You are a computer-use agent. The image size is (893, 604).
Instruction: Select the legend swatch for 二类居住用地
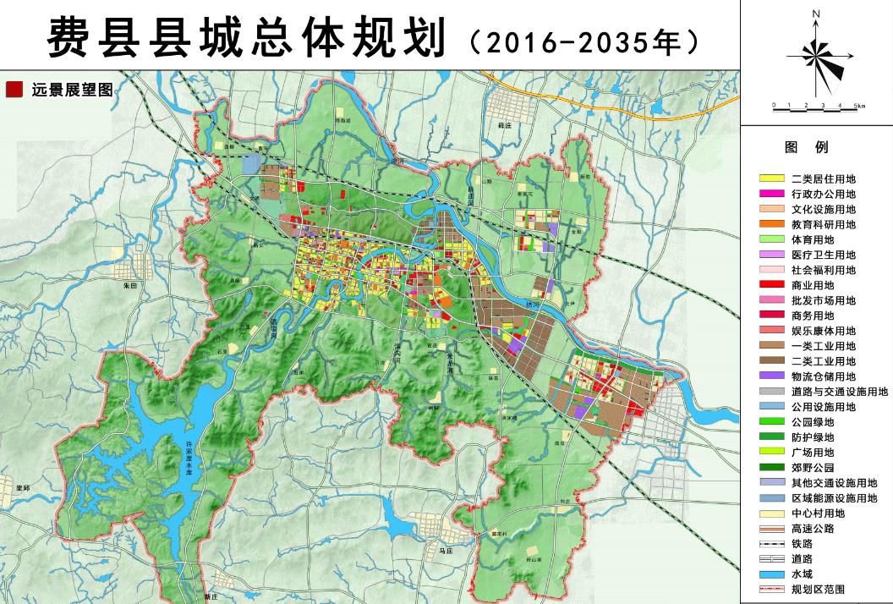pos(770,178)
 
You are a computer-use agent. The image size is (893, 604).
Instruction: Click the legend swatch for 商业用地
pos(770,285)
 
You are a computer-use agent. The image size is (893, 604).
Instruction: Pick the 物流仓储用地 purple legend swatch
pos(770,376)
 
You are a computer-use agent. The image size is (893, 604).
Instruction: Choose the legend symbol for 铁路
pos(770,544)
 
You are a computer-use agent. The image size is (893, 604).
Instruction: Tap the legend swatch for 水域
pos(770,574)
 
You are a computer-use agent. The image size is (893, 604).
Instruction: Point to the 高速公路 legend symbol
pos(770,529)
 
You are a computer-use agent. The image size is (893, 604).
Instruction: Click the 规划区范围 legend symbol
pos(770,590)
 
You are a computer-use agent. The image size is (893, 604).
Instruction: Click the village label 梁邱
pos(23,488)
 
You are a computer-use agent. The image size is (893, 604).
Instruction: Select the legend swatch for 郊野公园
pos(770,468)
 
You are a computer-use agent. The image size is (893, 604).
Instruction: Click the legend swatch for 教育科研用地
pos(770,224)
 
